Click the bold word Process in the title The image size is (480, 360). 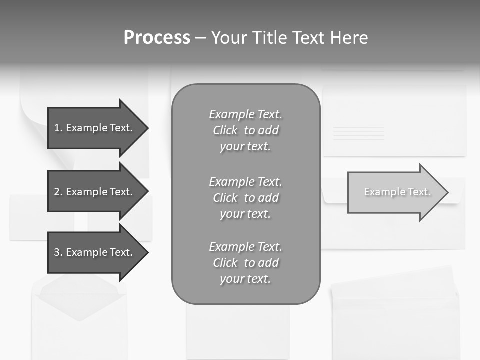click(x=157, y=38)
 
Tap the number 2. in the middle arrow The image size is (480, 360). click(x=58, y=192)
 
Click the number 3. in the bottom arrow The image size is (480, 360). click(x=58, y=252)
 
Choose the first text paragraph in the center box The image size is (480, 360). click(x=245, y=130)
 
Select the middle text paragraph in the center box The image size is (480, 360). click(x=245, y=198)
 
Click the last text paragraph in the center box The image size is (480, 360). click(x=245, y=263)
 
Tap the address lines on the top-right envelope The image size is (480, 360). click(x=358, y=133)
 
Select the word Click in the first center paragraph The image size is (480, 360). click(x=225, y=130)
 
